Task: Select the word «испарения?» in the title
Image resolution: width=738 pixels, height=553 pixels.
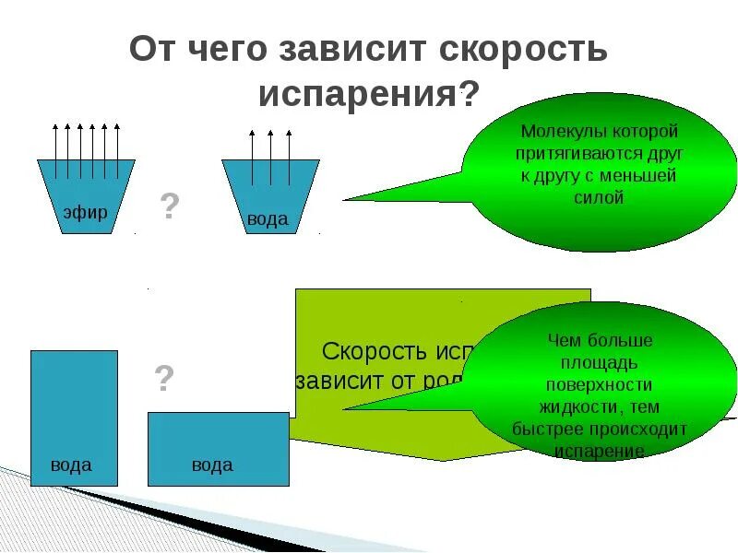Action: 369,93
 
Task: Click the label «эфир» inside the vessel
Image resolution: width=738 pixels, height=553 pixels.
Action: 86,213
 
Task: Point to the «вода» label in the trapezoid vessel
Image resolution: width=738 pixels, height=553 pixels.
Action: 268,220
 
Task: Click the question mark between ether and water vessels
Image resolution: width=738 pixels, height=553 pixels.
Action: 170,206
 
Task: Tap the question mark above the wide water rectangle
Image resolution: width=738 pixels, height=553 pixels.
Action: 164,378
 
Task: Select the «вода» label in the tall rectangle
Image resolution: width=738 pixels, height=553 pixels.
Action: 72,465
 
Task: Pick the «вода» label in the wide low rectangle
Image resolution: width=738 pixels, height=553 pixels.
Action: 212,465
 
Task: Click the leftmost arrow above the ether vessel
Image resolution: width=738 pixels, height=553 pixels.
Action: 54,147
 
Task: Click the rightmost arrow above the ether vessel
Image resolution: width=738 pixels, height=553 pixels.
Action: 117,147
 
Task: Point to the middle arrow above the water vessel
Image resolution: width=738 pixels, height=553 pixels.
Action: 270,152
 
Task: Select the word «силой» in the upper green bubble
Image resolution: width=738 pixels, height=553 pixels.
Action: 598,197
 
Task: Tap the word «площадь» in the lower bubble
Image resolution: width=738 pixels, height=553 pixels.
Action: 599,363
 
